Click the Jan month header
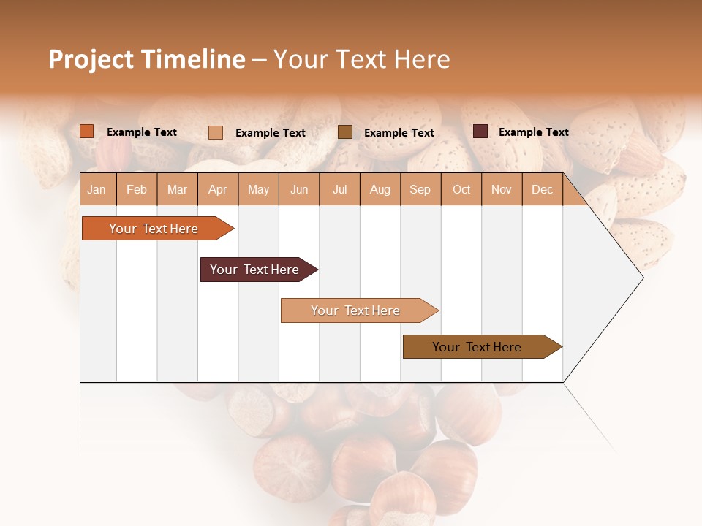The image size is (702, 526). point(97,190)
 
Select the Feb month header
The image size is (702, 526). point(137,190)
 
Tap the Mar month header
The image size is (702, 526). point(177,190)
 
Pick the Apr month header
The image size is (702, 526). point(218,190)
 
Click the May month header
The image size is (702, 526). point(258,190)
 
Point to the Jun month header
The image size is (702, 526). point(299,190)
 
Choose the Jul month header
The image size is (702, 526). point(339,190)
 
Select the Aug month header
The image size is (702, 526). point(380,190)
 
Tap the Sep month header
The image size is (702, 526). point(420,190)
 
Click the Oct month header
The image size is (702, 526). point(461,190)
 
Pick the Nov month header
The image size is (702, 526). point(502,190)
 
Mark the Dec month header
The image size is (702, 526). point(543,190)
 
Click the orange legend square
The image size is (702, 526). point(87,131)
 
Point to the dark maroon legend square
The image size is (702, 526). point(480,131)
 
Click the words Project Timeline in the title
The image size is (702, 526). point(147,59)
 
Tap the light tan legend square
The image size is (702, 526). point(216,132)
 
